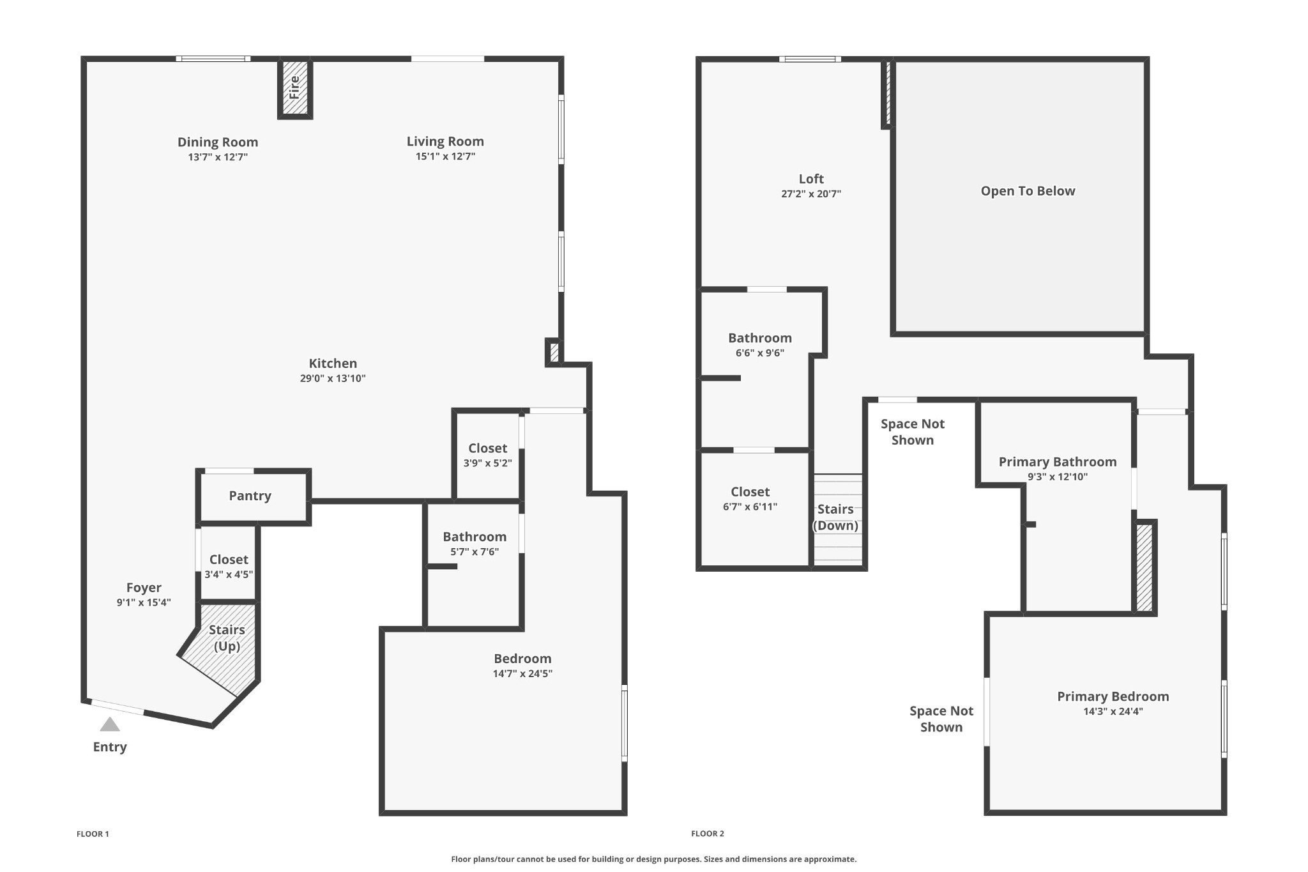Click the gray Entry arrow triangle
click(110, 724)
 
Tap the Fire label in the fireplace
click(294, 87)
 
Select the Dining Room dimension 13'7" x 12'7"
click(218, 157)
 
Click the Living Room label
click(445, 141)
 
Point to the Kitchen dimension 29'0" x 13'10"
click(333, 378)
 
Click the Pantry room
click(250, 496)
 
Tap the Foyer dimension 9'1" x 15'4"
click(144, 602)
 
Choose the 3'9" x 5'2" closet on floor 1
click(487, 455)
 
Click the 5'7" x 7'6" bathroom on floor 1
click(474, 544)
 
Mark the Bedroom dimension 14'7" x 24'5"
click(522, 673)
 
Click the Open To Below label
click(1028, 191)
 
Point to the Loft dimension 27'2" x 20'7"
click(811, 194)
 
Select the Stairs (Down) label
click(835, 517)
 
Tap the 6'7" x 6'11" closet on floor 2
click(750, 499)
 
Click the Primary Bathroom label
click(1058, 462)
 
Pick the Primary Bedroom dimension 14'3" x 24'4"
click(1113, 712)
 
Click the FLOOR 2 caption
click(708, 834)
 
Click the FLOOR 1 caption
click(93, 834)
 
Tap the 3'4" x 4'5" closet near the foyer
click(229, 567)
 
